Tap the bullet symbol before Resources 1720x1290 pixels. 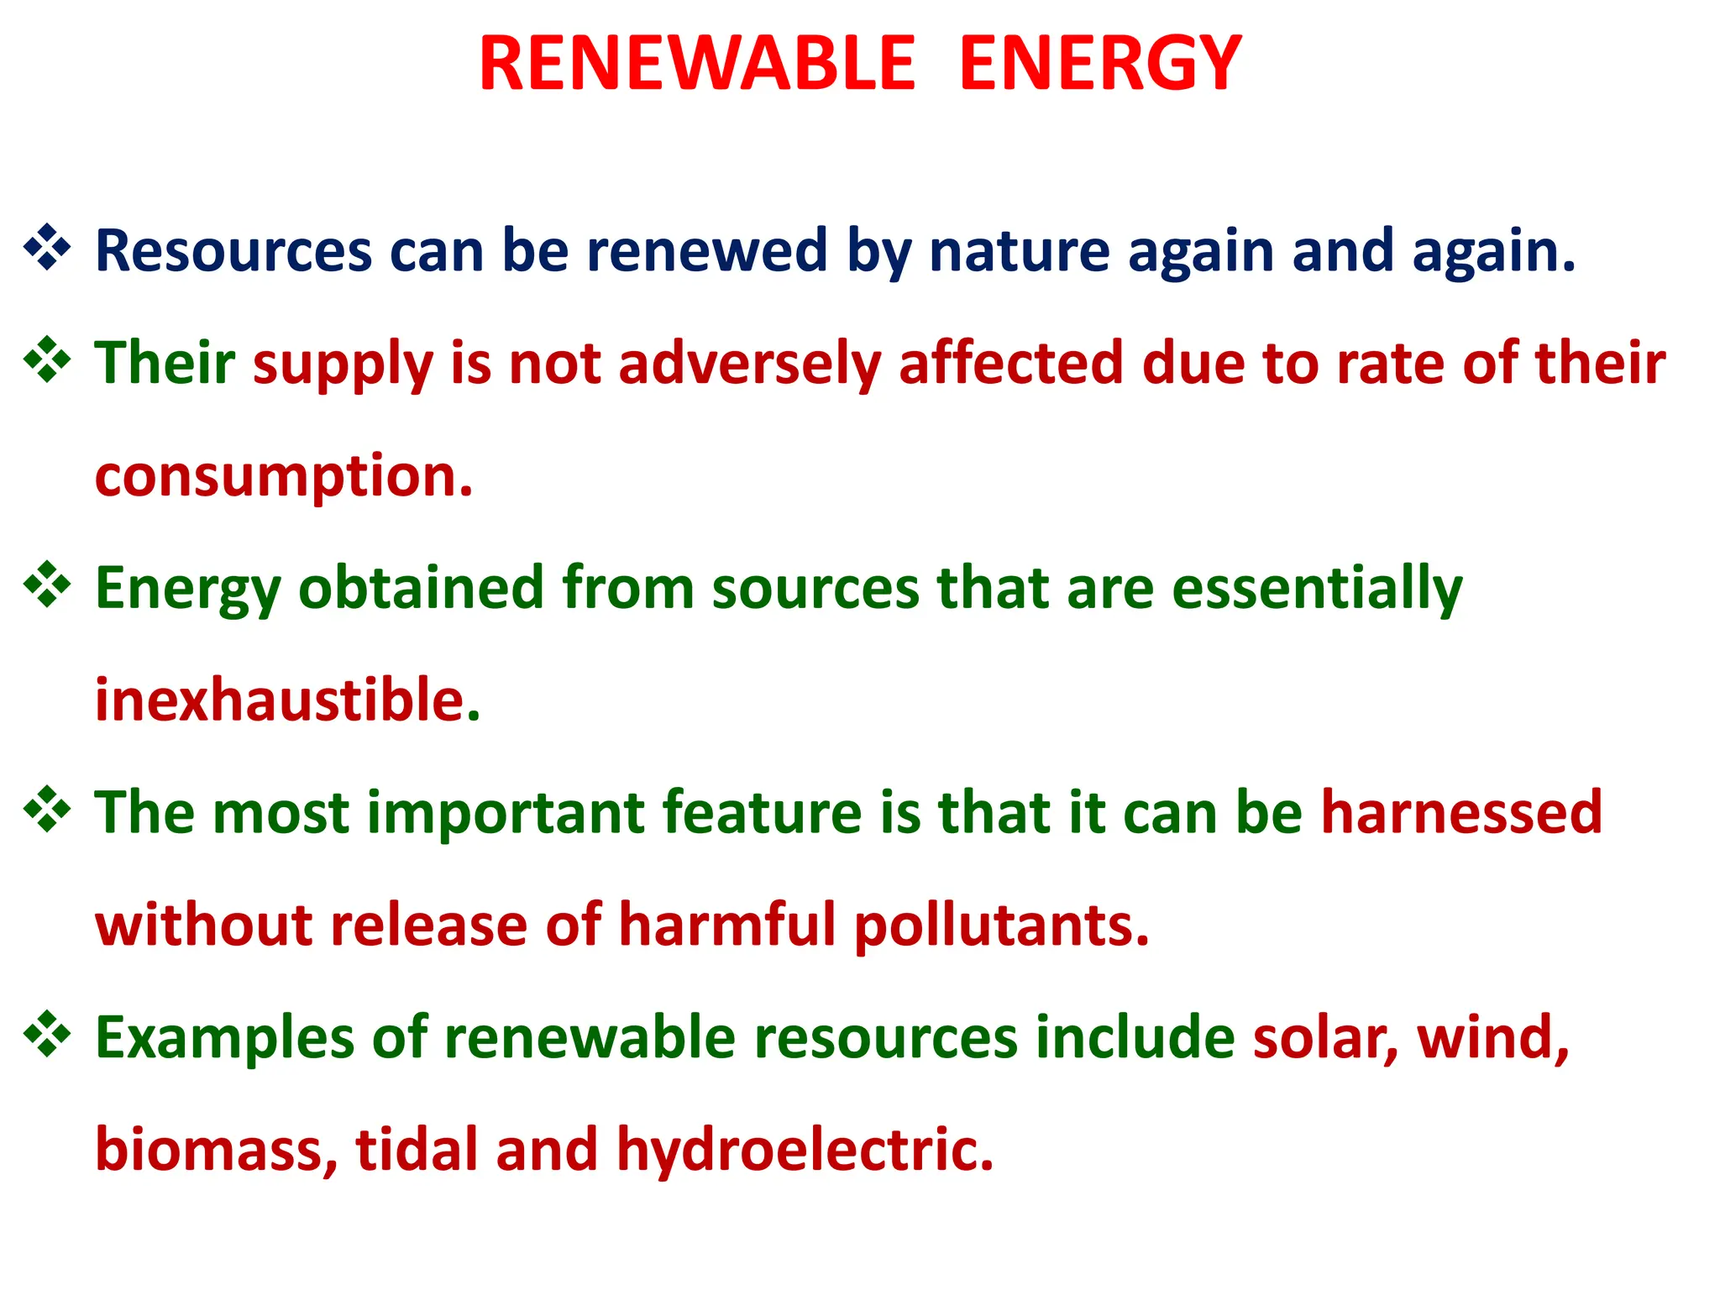pos(47,248)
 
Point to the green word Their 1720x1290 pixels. pos(165,363)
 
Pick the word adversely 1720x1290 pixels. pos(750,363)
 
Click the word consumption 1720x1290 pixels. pos(284,477)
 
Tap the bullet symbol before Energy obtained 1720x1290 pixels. pos(47,585)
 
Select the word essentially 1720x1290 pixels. pos(1317,588)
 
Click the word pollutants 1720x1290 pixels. pos(1001,926)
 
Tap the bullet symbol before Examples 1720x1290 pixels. pos(47,1034)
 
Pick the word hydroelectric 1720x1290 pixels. pos(805,1150)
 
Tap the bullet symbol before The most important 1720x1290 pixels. pos(47,810)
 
